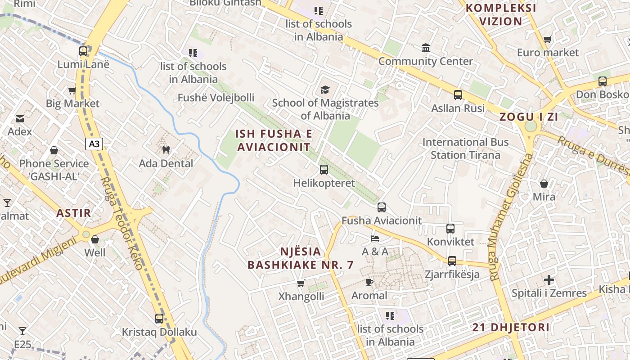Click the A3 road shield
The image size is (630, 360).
tap(94, 144)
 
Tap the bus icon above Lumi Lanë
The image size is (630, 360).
tap(83, 51)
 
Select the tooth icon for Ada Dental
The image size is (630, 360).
tap(166, 150)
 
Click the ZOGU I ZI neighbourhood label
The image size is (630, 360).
tap(528, 117)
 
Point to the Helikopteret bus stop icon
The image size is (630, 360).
tap(324, 170)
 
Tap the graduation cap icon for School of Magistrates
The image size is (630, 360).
tap(325, 90)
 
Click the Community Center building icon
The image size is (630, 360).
tap(425, 48)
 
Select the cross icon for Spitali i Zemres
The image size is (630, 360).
tap(549, 280)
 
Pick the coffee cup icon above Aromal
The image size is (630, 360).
tap(369, 282)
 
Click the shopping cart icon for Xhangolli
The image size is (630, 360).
tap(301, 283)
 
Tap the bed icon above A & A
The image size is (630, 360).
tap(375, 238)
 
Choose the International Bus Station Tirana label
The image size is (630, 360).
tap(465, 148)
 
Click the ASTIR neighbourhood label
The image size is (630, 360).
tap(74, 213)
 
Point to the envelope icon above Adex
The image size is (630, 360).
tap(20, 119)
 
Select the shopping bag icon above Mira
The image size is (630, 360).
tap(544, 184)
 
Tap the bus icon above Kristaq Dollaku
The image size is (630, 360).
tap(159, 319)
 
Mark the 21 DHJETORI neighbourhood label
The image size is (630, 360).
tap(511, 327)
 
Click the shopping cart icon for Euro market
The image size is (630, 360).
tap(547, 40)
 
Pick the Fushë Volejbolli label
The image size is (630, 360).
tap(216, 98)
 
